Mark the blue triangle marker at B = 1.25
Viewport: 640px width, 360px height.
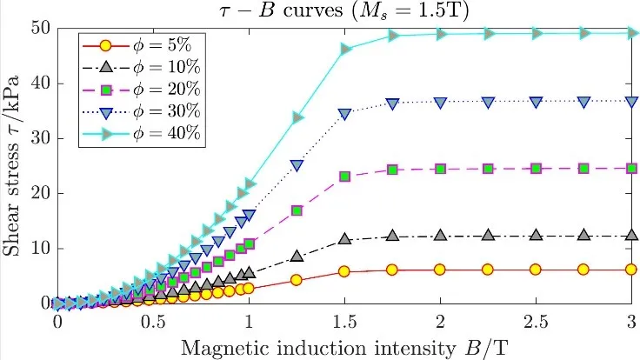click(297, 165)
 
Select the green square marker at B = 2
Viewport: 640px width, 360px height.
click(441, 169)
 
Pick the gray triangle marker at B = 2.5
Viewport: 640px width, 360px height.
click(537, 235)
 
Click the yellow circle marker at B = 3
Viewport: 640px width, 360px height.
click(632, 270)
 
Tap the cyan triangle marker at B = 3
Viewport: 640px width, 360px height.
click(632, 33)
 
